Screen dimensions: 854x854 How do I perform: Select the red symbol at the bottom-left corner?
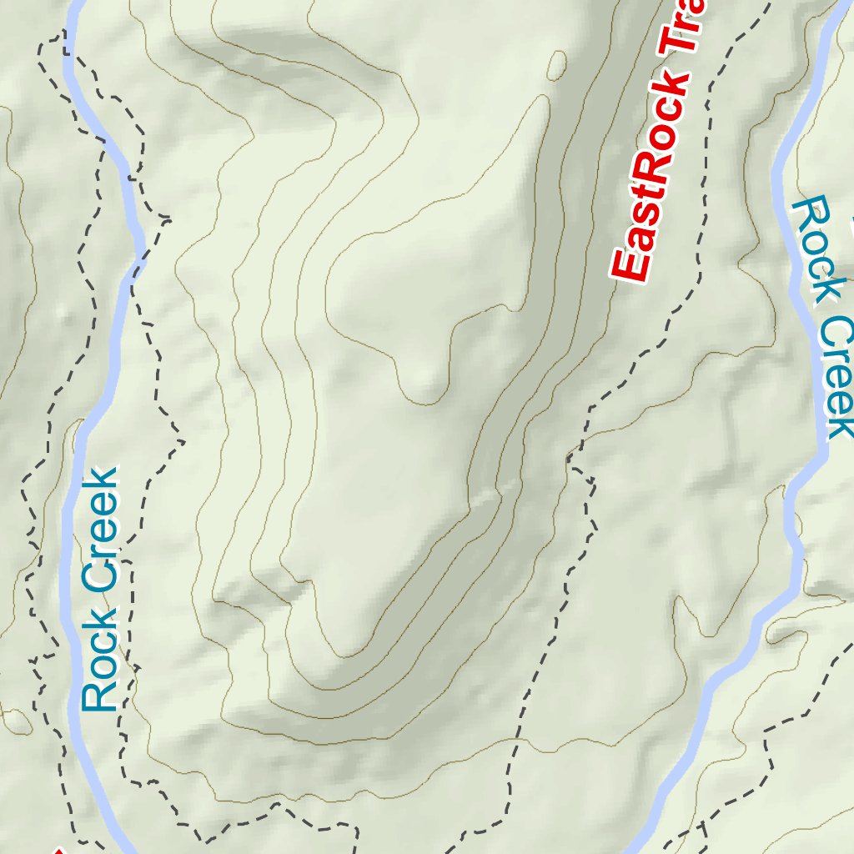point(58,850)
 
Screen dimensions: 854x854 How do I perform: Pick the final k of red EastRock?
point(672,83)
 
